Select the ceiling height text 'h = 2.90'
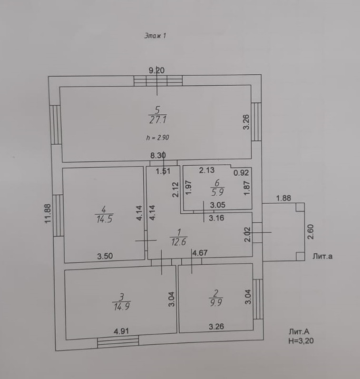(157, 137)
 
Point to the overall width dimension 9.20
(156, 70)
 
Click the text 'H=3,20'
(301, 341)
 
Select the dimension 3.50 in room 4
(105, 256)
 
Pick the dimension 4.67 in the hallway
(200, 254)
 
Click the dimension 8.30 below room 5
(158, 155)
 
